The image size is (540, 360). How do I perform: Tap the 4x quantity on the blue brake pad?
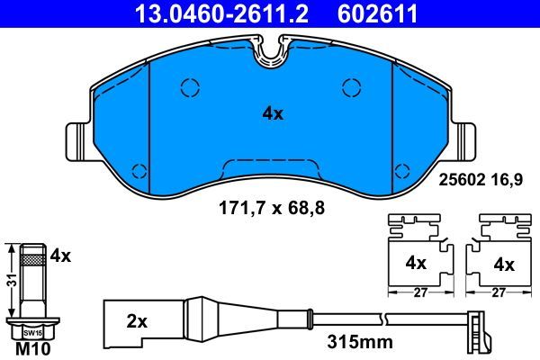click(272, 114)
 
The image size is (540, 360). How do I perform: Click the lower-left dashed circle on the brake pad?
click(139, 172)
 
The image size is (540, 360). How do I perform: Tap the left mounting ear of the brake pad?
click(80, 145)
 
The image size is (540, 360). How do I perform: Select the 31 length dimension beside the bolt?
click(10, 280)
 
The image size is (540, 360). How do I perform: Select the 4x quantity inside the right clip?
click(504, 265)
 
